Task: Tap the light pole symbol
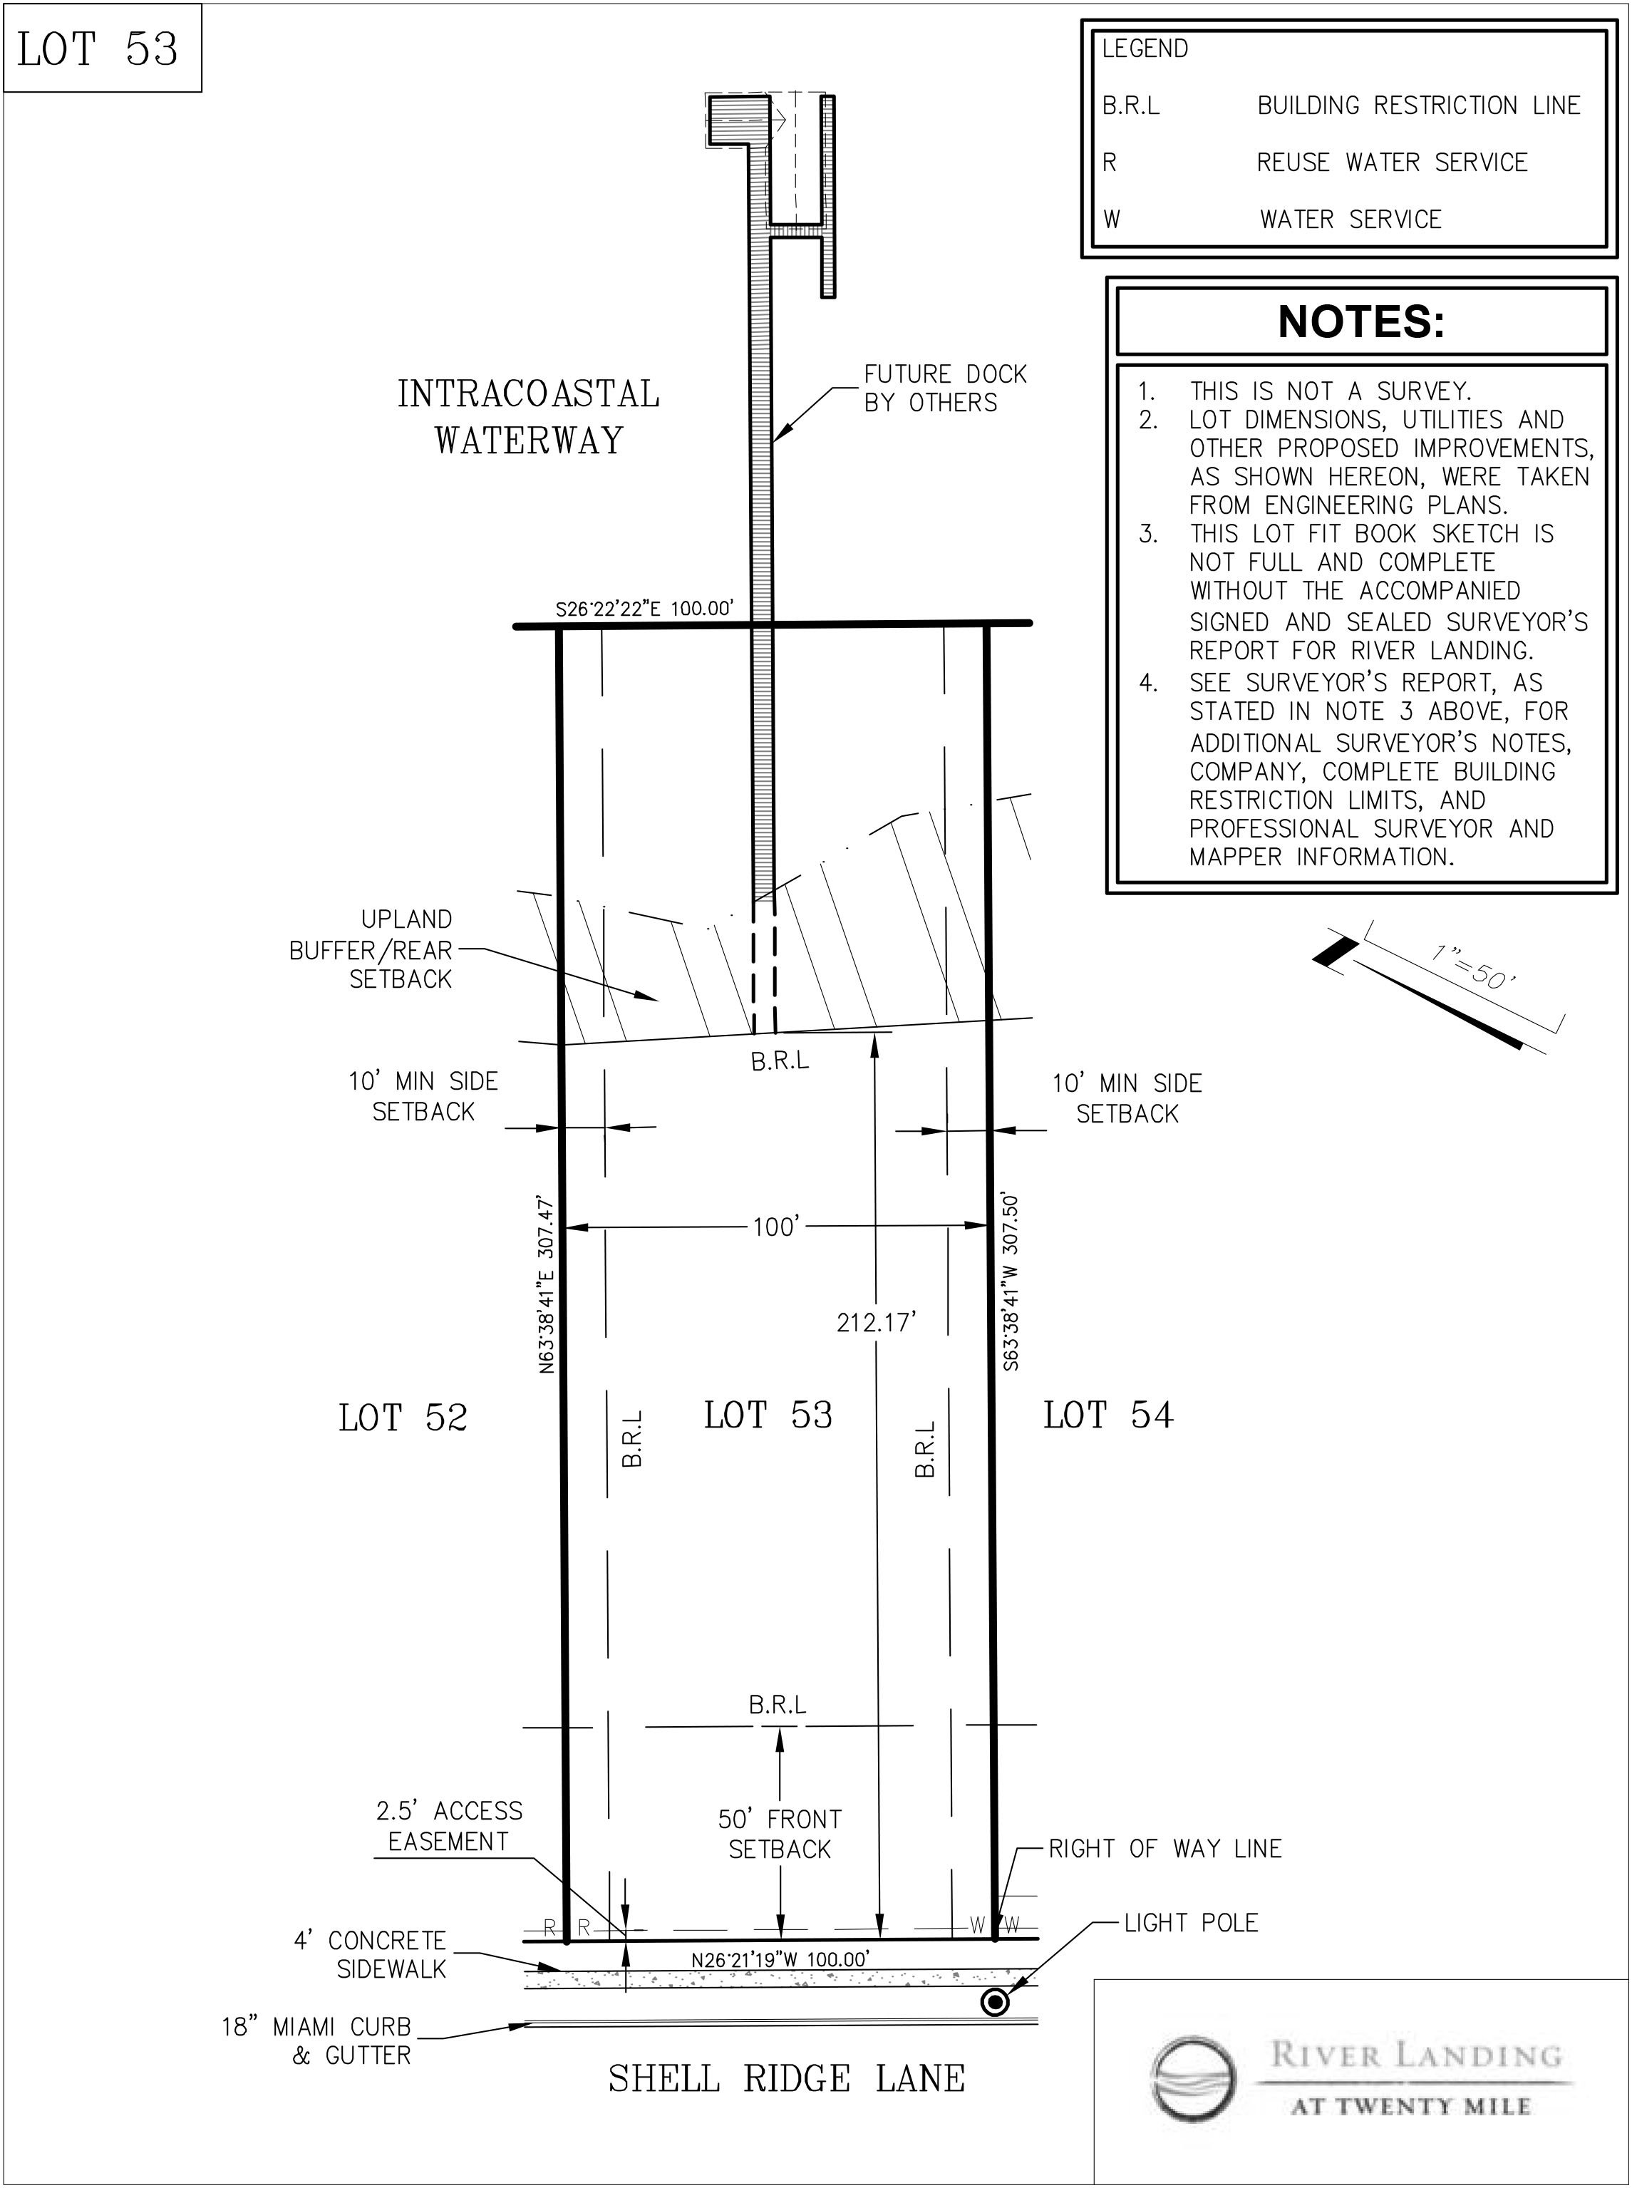pyautogui.click(x=995, y=2002)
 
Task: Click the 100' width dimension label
pyautogui.click(x=775, y=1227)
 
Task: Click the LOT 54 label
pyautogui.click(x=1107, y=1415)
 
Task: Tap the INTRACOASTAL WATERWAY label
pyautogui.click(x=529, y=417)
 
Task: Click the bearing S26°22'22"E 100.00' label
pyautogui.click(x=644, y=609)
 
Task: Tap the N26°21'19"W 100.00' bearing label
pyautogui.click(x=780, y=1959)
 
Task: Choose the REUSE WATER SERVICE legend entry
pyautogui.click(x=1391, y=162)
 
